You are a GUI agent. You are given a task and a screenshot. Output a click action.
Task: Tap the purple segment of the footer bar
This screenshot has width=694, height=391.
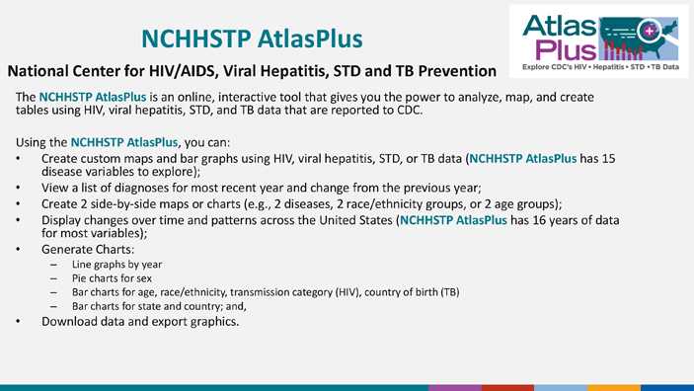[x=454, y=387]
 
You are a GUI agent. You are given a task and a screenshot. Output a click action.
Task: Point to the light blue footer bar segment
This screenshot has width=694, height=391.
[x=561, y=387]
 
